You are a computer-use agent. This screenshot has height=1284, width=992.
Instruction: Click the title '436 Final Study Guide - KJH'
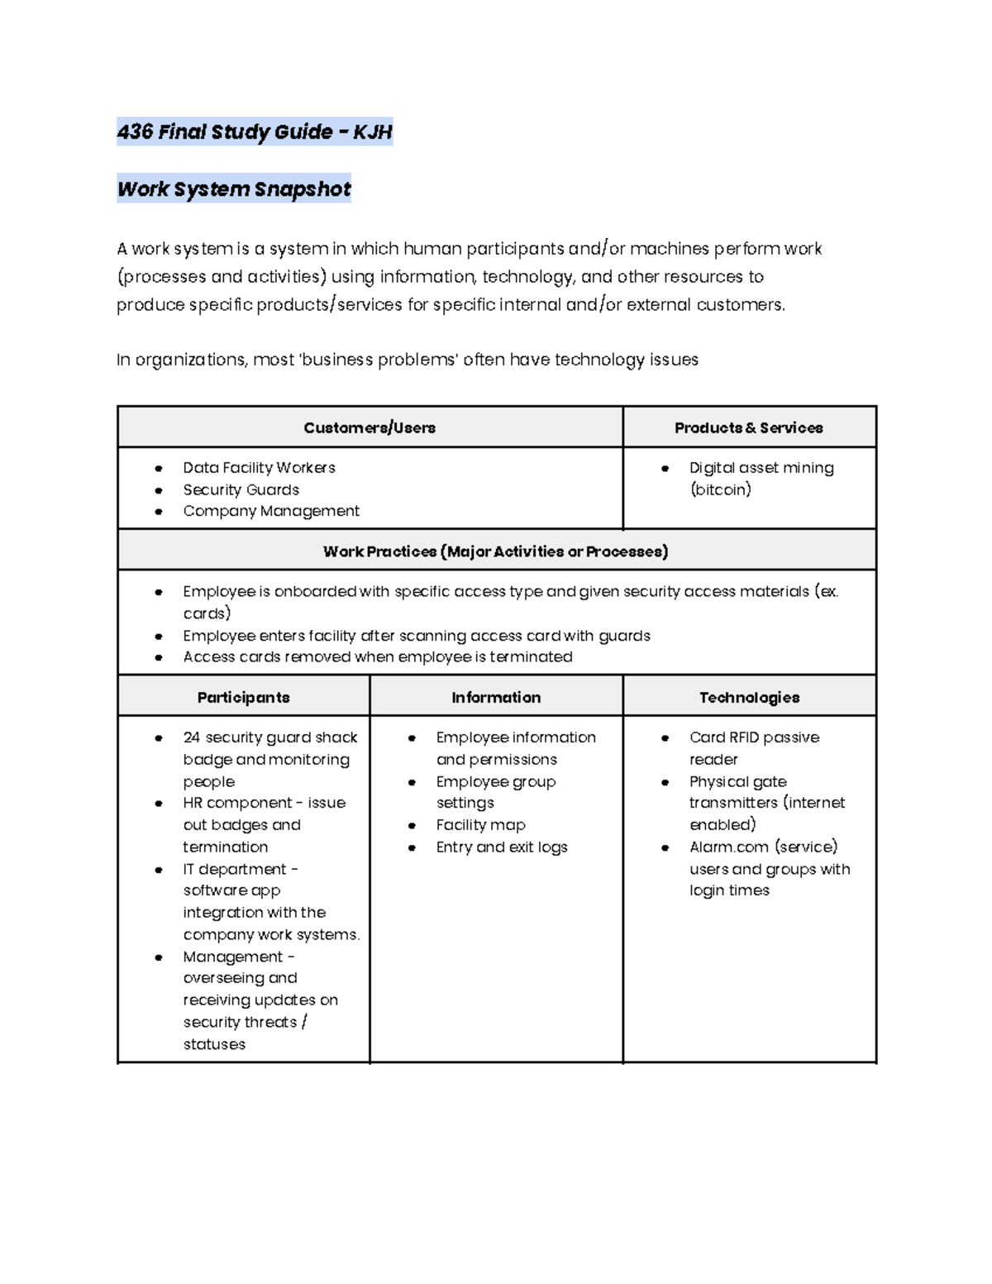click(x=254, y=131)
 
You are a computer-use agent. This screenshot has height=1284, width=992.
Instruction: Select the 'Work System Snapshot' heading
click(x=234, y=189)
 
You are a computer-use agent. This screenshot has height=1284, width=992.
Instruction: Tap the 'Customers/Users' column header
click(x=370, y=427)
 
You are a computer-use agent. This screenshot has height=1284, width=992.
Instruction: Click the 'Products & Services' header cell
click(x=748, y=427)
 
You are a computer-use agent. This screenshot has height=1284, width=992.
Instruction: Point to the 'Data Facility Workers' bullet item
click(x=259, y=468)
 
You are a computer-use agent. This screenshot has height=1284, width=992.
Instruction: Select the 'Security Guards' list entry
click(x=241, y=489)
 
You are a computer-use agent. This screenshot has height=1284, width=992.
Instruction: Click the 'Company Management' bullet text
click(x=271, y=511)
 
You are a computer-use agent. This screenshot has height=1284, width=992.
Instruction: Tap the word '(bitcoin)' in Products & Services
click(x=720, y=489)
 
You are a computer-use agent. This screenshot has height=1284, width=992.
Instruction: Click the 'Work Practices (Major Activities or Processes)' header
click(x=495, y=551)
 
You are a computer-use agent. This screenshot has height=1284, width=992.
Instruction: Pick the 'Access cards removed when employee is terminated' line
click(x=377, y=656)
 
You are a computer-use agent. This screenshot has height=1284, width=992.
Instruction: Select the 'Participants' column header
click(x=243, y=697)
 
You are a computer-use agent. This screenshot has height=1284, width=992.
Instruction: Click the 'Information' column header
click(x=496, y=697)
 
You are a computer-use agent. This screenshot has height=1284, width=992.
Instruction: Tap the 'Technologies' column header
click(x=749, y=697)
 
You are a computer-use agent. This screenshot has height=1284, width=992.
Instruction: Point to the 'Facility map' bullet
click(x=480, y=825)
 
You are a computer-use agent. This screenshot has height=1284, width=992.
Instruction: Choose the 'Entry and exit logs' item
click(x=502, y=847)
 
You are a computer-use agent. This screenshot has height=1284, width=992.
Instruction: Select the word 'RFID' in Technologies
click(x=743, y=737)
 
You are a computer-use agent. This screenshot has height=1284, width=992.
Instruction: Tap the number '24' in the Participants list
click(x=192, y=737)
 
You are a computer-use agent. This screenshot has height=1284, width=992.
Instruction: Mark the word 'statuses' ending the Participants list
click(x=214, y=1044)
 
